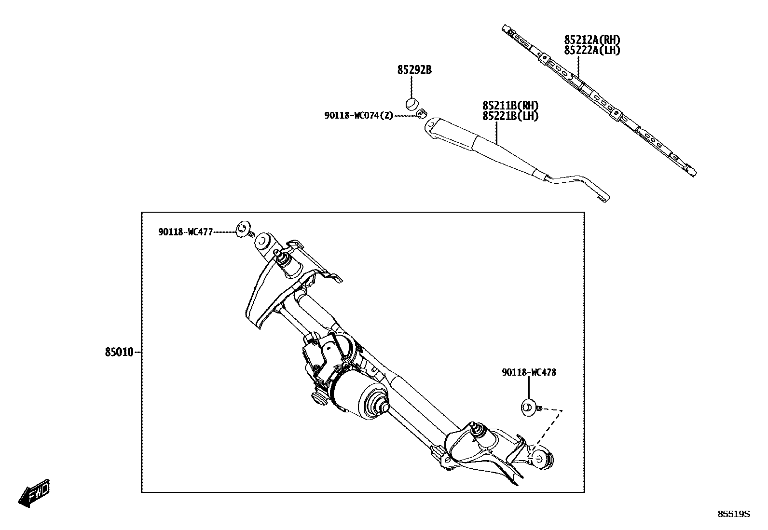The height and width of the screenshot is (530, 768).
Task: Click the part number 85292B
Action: [414, 70]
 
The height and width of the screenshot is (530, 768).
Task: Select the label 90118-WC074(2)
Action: [358, 115]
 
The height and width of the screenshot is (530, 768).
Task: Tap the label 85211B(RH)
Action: [510, 106]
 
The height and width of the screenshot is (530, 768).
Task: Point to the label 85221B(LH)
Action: [510, 116]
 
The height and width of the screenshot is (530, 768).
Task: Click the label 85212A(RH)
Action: [592, 40]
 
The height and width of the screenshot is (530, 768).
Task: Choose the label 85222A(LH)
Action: [592, 50]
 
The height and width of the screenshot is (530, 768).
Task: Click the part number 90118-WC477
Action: [185, 232]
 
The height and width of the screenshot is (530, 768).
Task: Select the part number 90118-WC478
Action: [529, 372]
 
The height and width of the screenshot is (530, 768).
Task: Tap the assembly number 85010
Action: [119, 353]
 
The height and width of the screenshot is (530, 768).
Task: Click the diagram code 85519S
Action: [734, 514]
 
